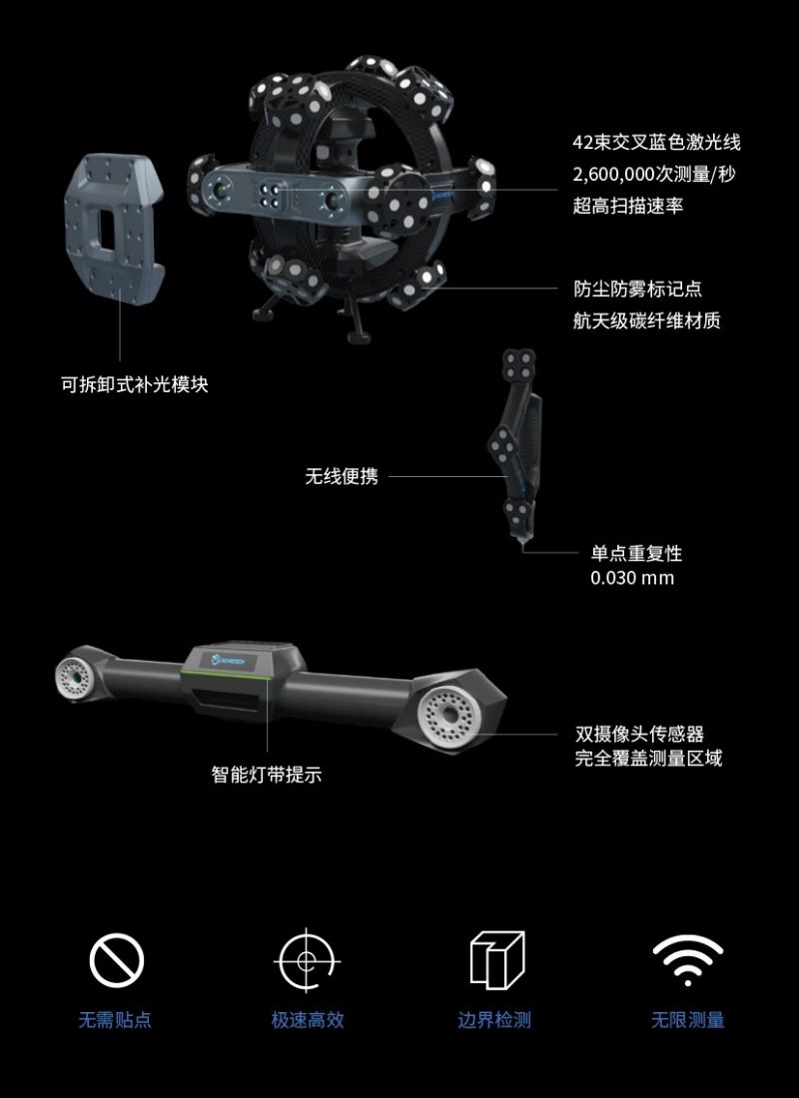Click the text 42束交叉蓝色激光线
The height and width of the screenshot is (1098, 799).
pyautogui.click(x=656, y=143)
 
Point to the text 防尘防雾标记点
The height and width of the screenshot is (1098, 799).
pyautogui.click(x=637, y=289)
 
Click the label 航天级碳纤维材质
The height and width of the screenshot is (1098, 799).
pyautogui.click(x=646, y=320)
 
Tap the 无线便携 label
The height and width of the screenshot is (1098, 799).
pyautogui.click(x=342, y=477)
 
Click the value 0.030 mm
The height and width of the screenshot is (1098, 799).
pyautogui.click(x=632, y=578)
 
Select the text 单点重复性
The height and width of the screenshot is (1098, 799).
pyautogui.click(x=636, y=553)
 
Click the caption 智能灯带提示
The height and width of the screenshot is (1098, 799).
pyautogui.click(x=267, y=775)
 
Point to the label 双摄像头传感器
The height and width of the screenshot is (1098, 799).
pyautogui.click(x=639, y=735)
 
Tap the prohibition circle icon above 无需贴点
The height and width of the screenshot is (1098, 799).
pyautogui.click(x=117, y=961)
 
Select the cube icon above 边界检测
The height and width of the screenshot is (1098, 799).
pyautogui.click(x=496, y=960)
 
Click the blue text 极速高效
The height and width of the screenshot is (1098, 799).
pyautogui.click(x=308, y=1020)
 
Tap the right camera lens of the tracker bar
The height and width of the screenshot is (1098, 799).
pyautogui.click(x=450, y=715)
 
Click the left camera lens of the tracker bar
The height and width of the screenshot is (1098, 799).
pyautogui.click(x=75, y=678)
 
